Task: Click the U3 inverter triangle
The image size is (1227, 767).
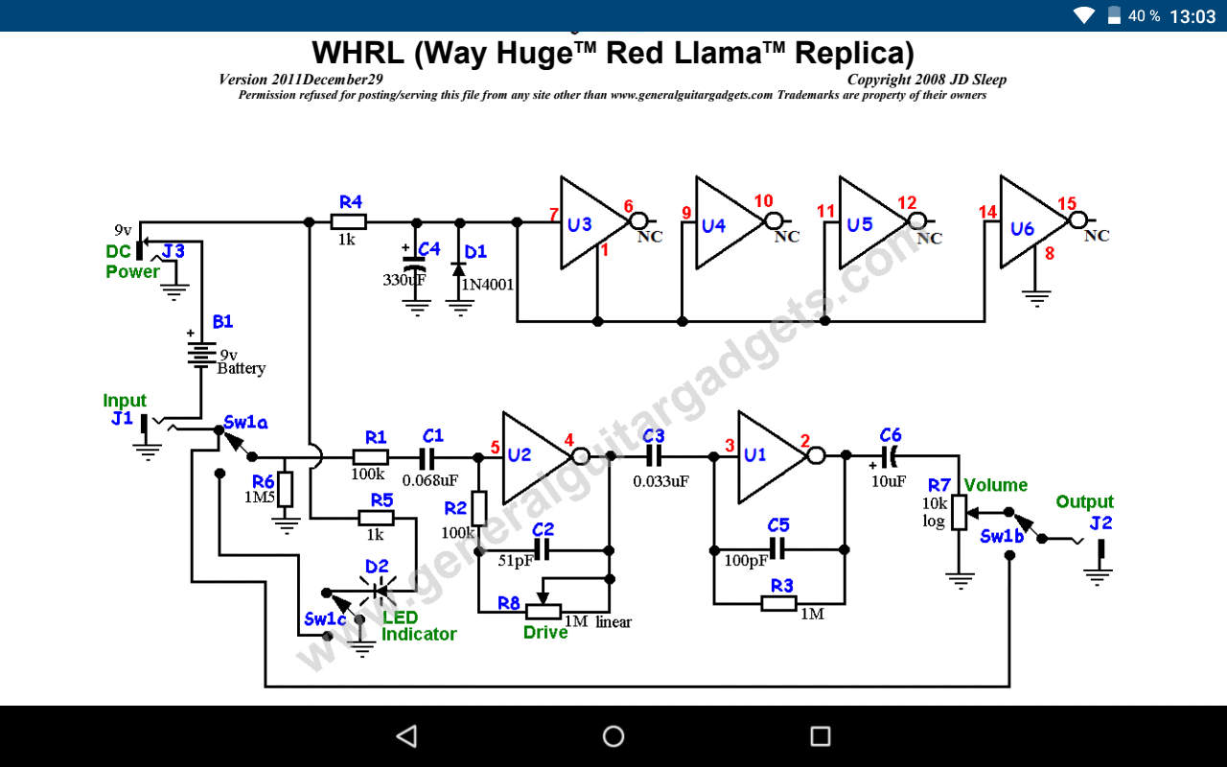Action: [587, 222]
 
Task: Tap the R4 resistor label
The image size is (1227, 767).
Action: [351, 202]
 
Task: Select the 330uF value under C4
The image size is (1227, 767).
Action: [404, 280]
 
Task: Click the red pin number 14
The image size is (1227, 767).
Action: [987, 213]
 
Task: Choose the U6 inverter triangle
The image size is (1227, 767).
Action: [1028, 222]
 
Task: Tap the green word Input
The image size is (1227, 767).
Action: [125, 401]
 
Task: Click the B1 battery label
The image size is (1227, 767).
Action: [222, 322]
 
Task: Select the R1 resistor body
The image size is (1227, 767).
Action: [370, 458]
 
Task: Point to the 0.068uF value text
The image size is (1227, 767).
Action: [430, 480]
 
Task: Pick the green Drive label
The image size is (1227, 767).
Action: [545, 633]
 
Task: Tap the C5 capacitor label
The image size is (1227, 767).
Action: [778, 525]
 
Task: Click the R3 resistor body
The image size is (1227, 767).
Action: [778, 603]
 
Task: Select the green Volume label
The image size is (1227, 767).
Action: [996, 485]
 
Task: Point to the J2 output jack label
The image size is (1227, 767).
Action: [1100, 523]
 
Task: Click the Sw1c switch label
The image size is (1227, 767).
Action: [326, 619]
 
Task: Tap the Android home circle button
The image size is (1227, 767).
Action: [613, 736]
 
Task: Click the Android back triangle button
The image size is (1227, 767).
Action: [406, 736]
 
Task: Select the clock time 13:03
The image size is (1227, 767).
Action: [1192, 16]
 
